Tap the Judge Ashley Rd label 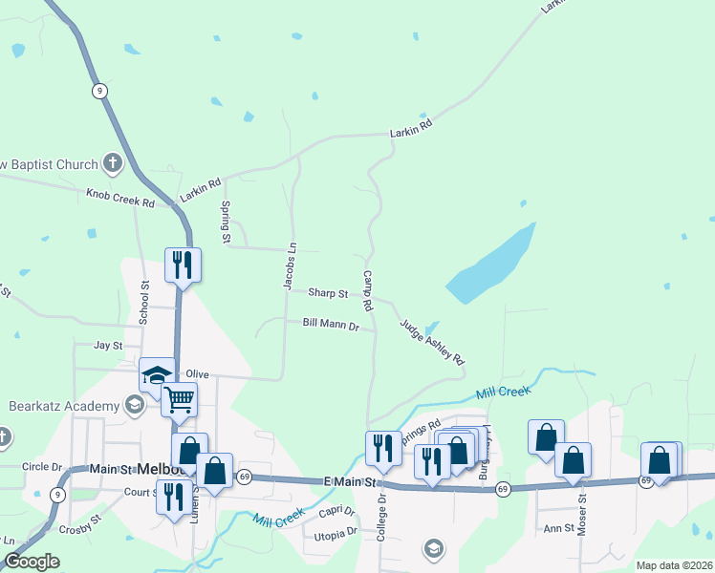(432, 342)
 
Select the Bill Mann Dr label (331, 326)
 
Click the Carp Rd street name (367, 291)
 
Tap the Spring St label (227, 222)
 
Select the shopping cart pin (179, 400)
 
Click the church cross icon (112, 163)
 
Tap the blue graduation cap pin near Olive (157, 376)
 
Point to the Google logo (32, 562)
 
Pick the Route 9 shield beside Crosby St (59, 495)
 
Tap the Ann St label (556, 527)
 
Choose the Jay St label (108, 345)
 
